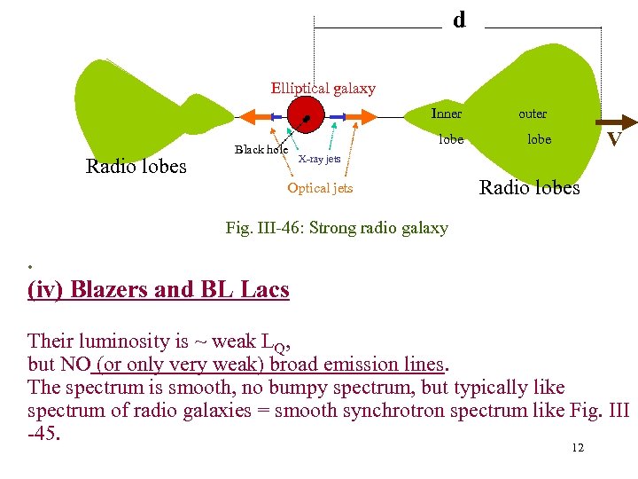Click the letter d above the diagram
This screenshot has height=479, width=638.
459,20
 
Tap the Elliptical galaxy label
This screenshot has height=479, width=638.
323,89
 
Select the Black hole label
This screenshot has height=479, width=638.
261,150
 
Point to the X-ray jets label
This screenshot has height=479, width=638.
319,160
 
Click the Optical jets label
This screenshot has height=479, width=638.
320,188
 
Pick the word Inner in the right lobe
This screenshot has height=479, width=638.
446,114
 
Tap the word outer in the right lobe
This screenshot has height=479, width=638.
533,114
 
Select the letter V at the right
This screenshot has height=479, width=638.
613,141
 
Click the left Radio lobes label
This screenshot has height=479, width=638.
136,167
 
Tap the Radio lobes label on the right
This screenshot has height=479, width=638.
529,188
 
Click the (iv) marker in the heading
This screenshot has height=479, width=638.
46,290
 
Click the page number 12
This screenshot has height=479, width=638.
578,448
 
